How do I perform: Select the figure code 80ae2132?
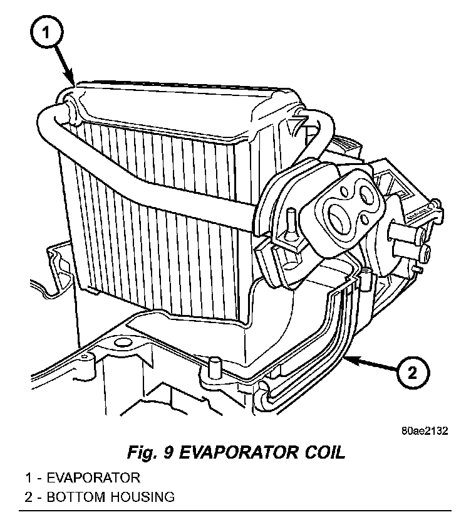(423, 432)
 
